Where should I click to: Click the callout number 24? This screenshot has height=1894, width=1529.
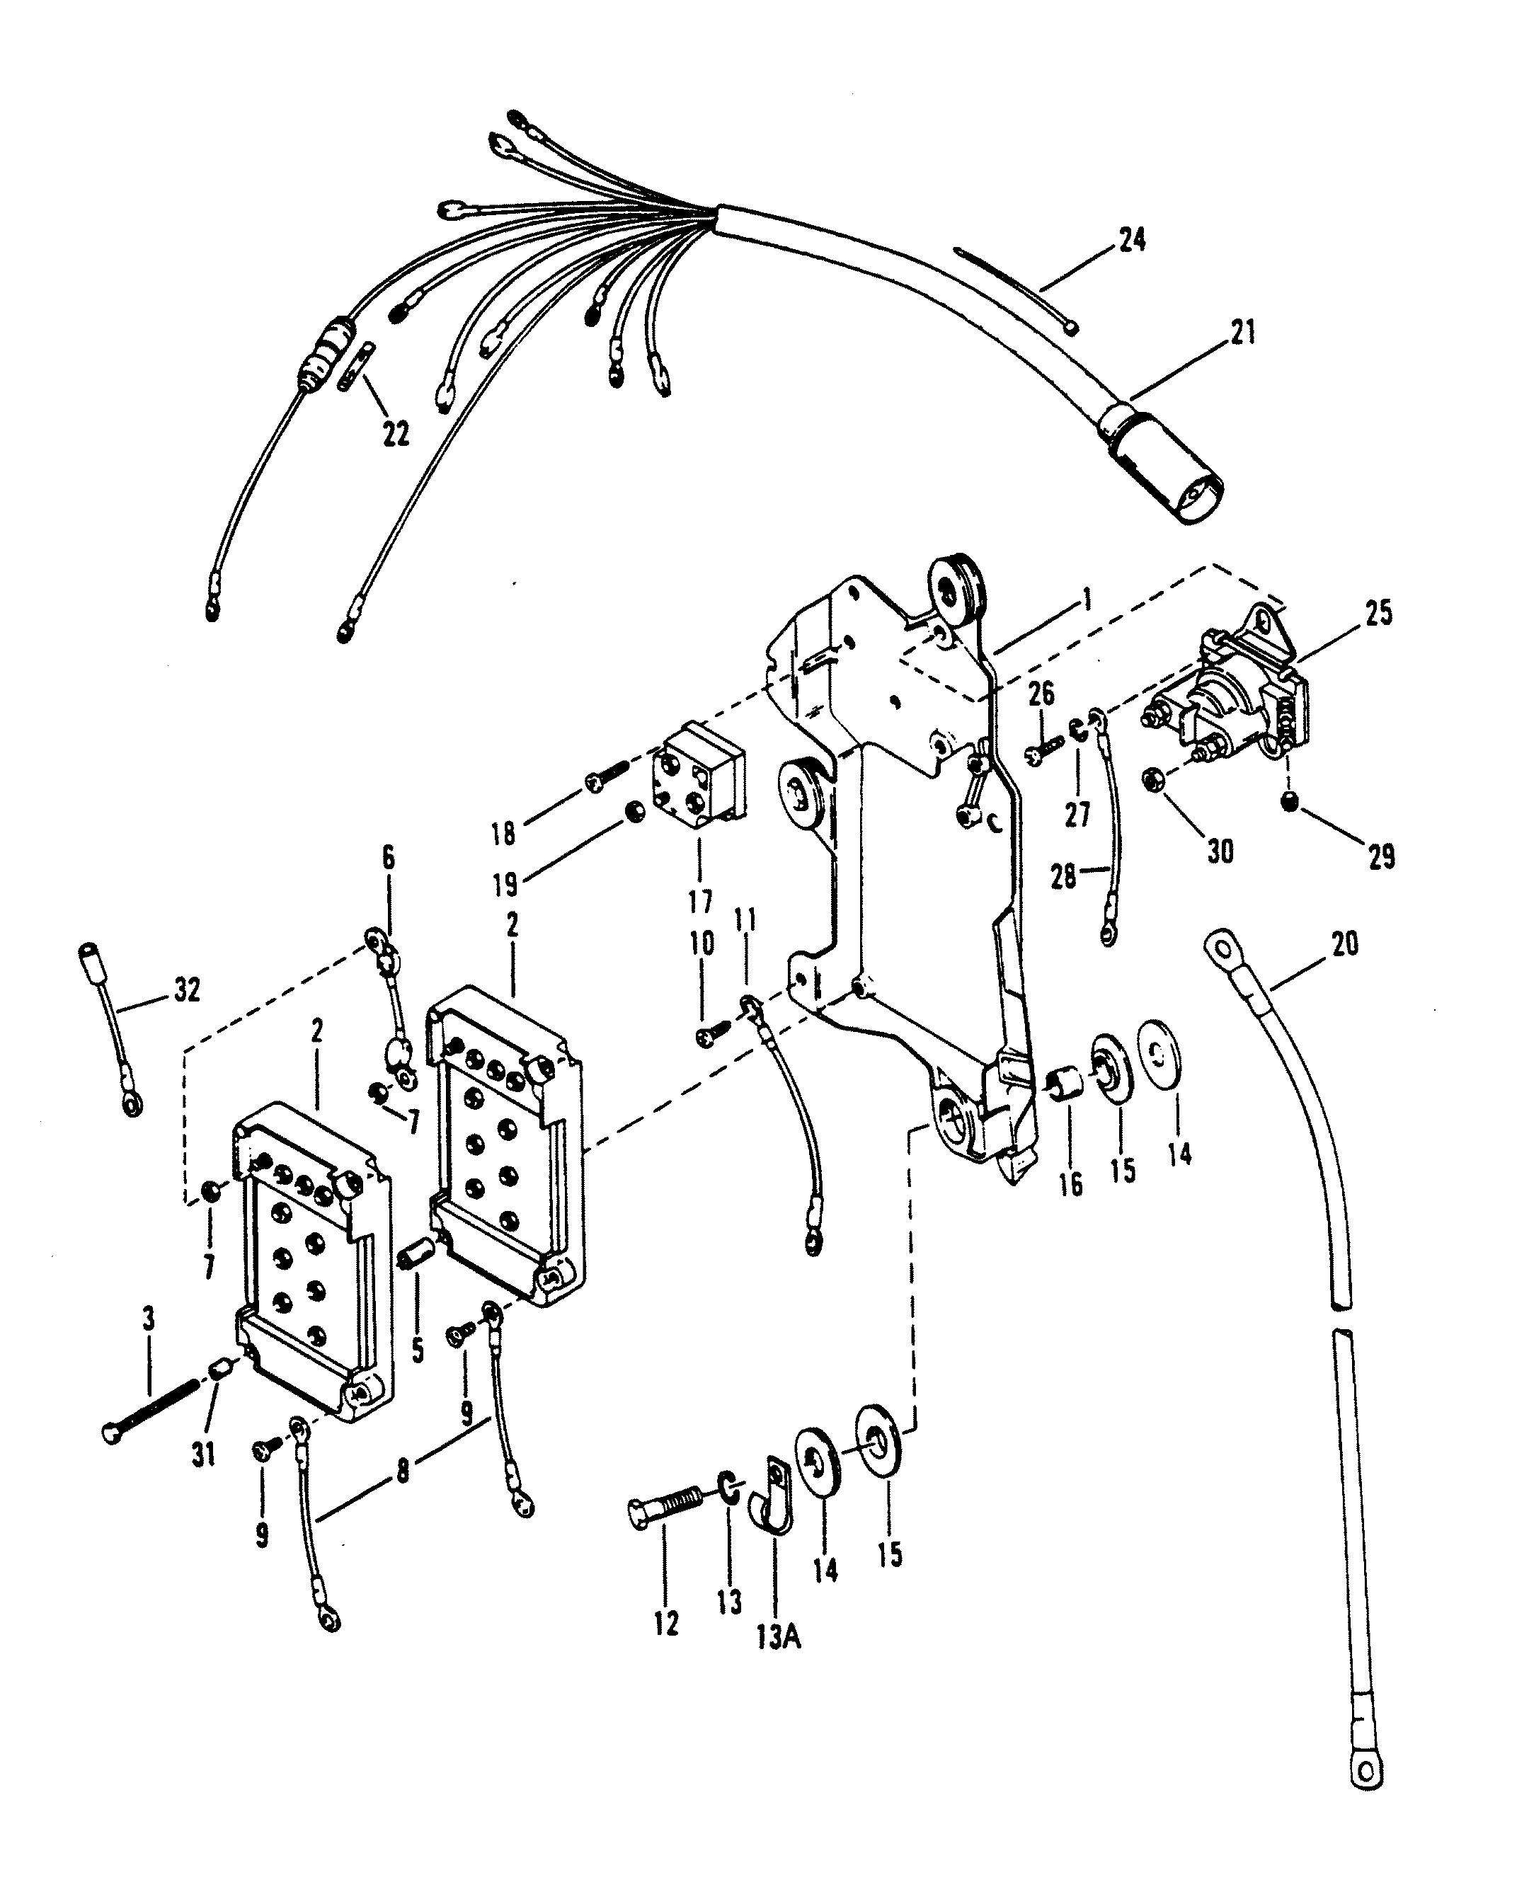(x=1133, y=239)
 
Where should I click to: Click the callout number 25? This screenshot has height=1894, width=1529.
(x=1378, y=613)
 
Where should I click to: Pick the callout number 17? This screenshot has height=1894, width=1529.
(x=700, y=902)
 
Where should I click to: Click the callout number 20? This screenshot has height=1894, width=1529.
(x=1344, y=944)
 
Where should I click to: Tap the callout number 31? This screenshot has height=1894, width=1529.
(x=203, y=1454)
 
